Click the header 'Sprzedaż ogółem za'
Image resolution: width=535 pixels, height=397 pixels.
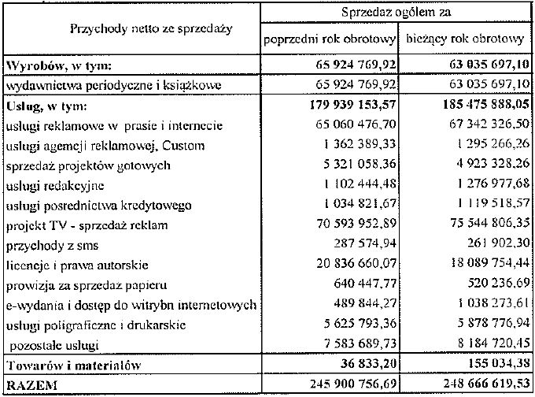coord(396,12)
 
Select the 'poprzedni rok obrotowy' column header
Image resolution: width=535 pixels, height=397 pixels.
coord(330,39)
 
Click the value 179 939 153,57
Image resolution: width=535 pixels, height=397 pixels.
coord(345,105)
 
